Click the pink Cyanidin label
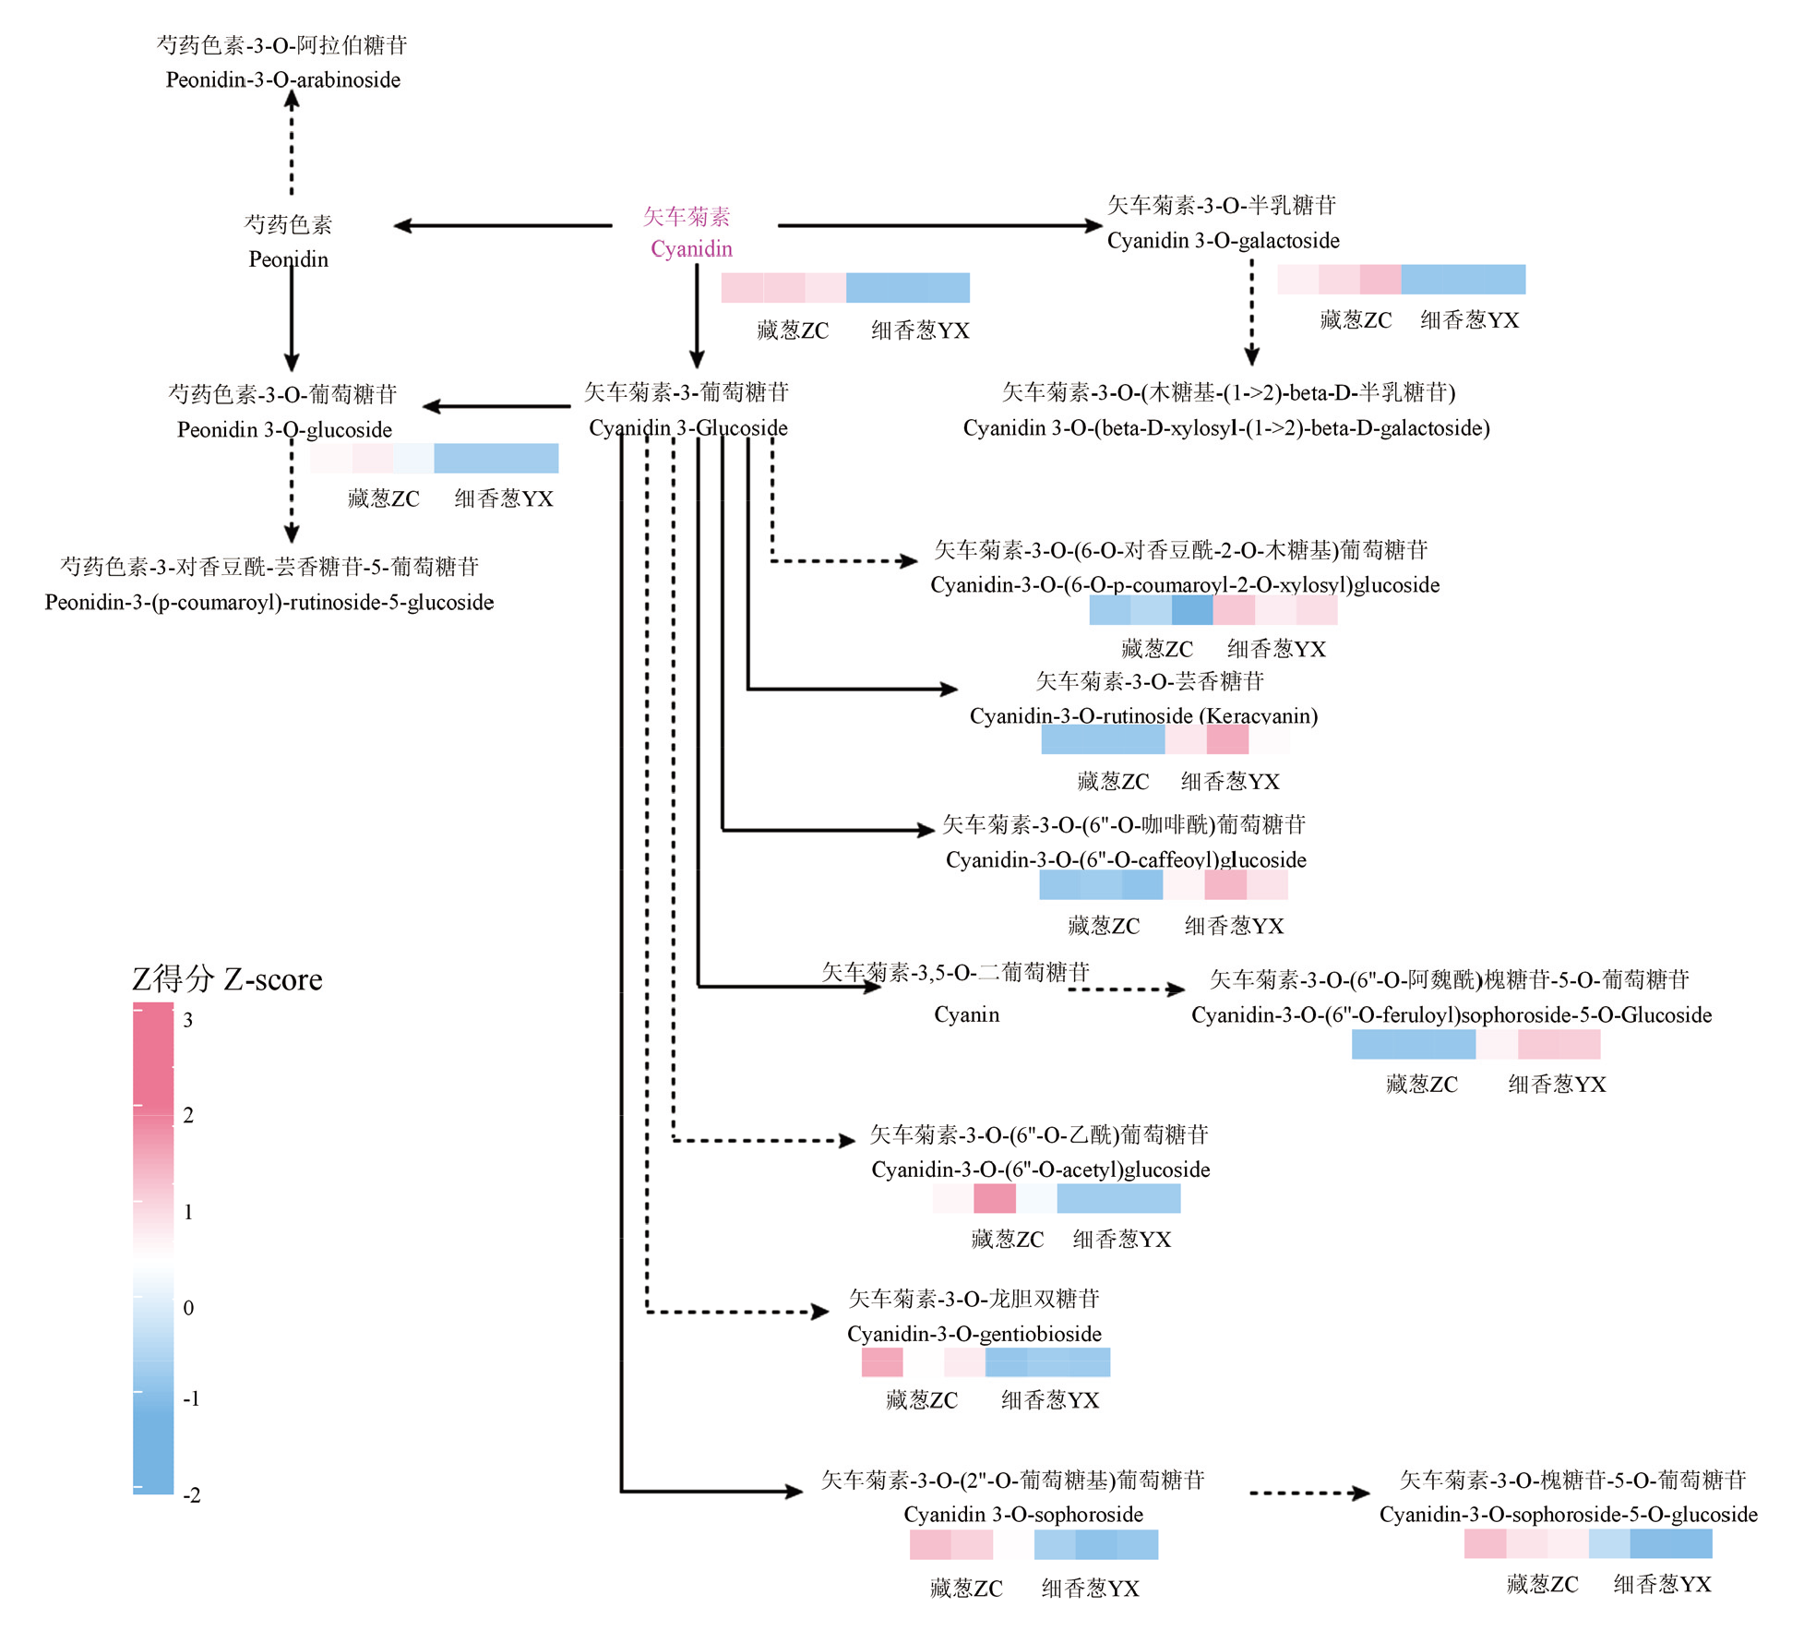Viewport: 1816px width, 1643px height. [x=690, y=248]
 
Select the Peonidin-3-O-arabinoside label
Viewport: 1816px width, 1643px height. [x=282, y=80]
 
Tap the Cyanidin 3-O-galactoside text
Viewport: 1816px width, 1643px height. [x=1223, y=241]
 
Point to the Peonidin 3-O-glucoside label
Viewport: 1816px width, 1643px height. [x=284, y=430]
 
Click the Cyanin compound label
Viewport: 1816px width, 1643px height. [x=966, y=1015]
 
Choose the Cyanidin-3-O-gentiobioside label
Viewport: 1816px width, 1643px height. [x=974, y=1334]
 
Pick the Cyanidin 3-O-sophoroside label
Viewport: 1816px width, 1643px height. [x=1022, y=1515]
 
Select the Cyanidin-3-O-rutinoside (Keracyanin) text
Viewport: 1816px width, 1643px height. [x=1143, y=716]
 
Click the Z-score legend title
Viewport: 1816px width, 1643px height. [x=227, y=979]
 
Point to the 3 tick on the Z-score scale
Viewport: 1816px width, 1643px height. [x=188, y=1020]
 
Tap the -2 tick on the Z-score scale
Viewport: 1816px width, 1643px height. [x=191, y=1494]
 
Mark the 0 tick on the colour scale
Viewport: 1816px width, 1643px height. [x=188, y=1308]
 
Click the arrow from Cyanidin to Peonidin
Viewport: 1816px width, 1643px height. [x=503, y=225]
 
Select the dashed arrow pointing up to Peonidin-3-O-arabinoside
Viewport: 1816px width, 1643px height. [x=292, y=143]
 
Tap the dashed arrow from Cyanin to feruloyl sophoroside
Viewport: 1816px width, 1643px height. [x=1126, y=989]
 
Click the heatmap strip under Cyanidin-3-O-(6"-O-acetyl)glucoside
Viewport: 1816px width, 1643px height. [x=1056, y=1199]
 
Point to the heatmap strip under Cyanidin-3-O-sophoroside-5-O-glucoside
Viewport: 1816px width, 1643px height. [x=1587, y=1543]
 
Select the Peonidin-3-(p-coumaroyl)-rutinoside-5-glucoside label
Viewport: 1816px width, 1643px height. [x=269, y=603]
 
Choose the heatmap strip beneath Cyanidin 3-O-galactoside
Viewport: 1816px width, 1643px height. [x=1400, y=279]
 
